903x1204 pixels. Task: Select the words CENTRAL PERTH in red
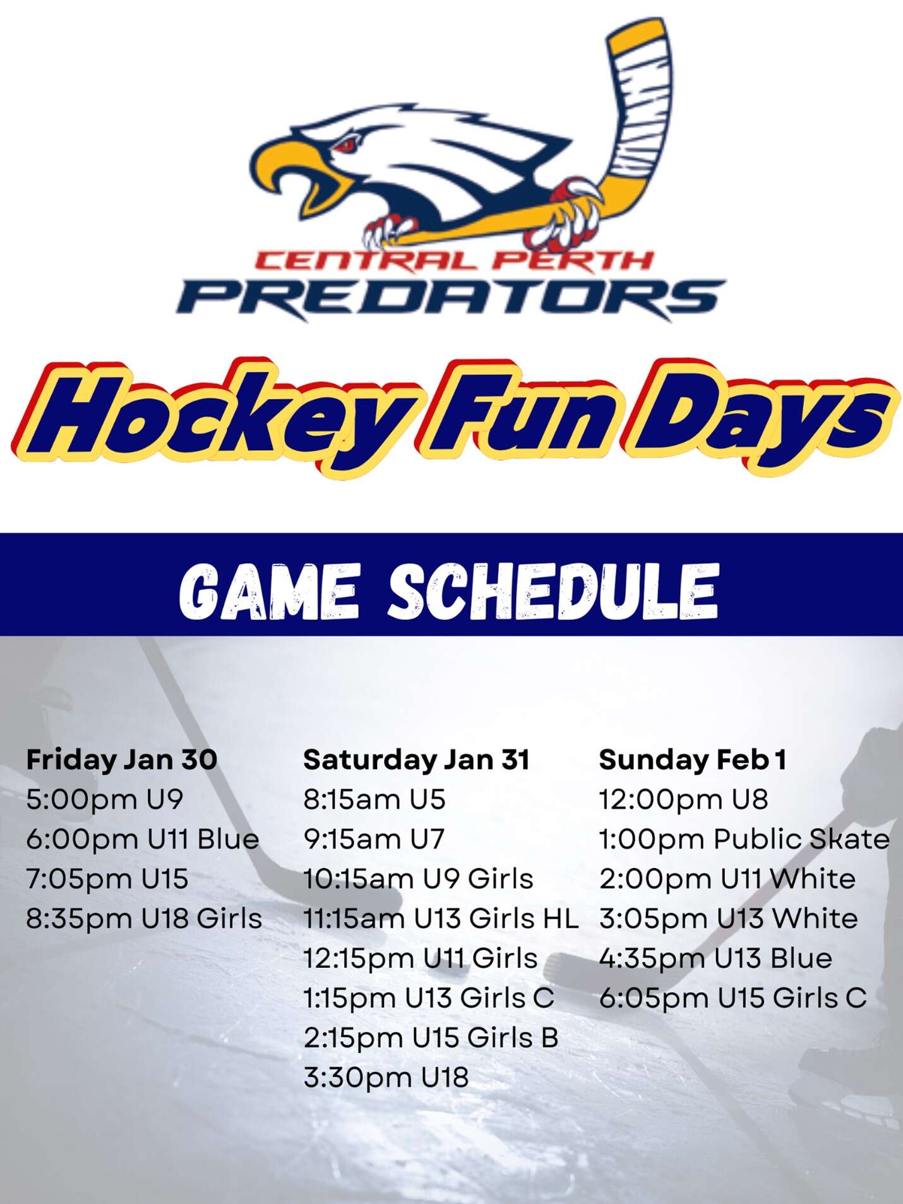pos(453,260)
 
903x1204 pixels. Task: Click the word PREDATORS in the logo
pos(451,297)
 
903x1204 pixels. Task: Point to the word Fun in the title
pos(519,414)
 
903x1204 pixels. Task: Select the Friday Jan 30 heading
pos(122,760)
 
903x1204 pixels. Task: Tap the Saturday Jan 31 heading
pos(417,760)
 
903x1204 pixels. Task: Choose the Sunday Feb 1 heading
pos(693,760)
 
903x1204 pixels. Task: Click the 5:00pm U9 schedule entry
pos(105,799)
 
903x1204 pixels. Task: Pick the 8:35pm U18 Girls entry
pos(144,919)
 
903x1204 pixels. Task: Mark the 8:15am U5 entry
pos(374,799)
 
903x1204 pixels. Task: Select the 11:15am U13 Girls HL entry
pos(441,919)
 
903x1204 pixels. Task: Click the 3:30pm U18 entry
pos(386,1078)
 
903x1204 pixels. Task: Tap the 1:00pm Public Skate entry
pos(745,839)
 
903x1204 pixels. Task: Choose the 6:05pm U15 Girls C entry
pos(733,998)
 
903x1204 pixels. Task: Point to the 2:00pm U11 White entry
pos(727,879)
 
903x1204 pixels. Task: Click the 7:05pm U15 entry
pos(107,879)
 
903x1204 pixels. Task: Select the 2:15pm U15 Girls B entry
pos(431,1038)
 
